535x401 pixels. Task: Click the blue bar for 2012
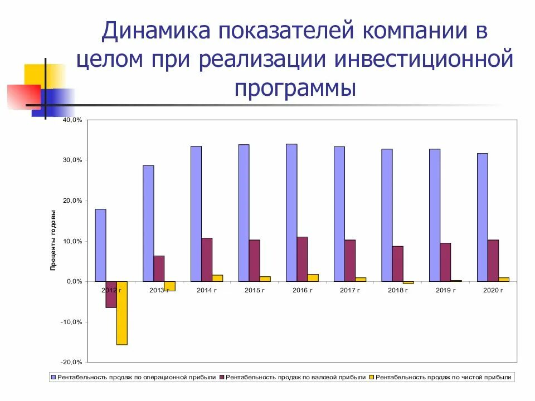point(100,245)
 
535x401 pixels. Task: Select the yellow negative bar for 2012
point(121,313)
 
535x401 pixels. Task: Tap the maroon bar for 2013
point(159,268)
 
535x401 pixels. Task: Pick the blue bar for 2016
point(291,213)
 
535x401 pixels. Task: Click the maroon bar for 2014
point(207,260)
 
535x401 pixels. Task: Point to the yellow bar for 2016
point(313,278)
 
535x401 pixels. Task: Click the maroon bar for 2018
point(397,263)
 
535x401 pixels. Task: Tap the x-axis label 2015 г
point(255,290)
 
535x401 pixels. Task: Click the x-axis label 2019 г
point(445,290)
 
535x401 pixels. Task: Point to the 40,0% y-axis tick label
point(72,120)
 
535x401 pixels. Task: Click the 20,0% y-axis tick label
point(72,200)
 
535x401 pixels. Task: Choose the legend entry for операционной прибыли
point(133,377)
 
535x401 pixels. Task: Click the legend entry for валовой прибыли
point(292,377)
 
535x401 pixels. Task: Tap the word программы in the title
point(295,87)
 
